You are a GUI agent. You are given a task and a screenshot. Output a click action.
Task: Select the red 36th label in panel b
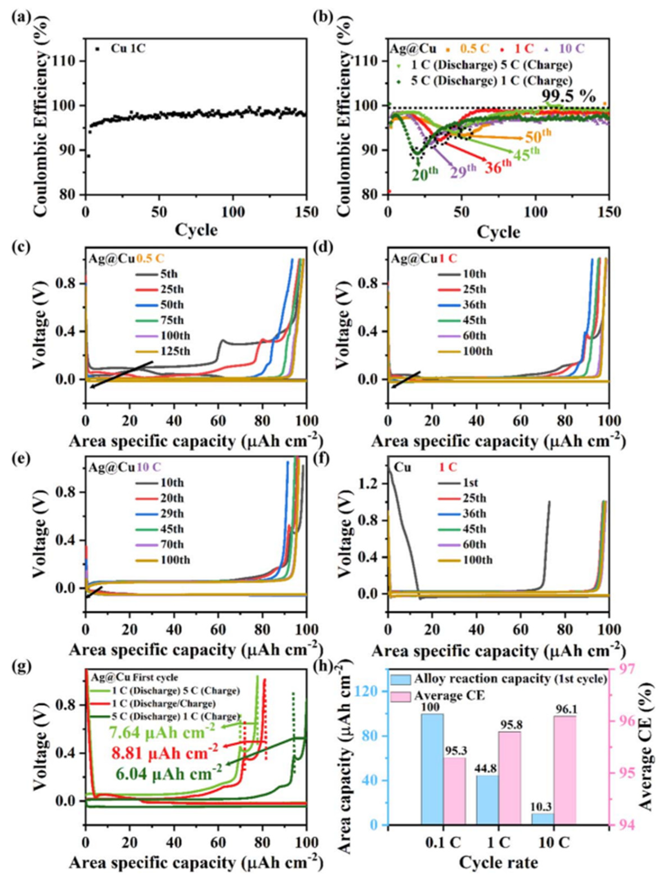(498, 165)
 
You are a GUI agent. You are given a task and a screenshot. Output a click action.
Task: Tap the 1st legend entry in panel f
(470, 483)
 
